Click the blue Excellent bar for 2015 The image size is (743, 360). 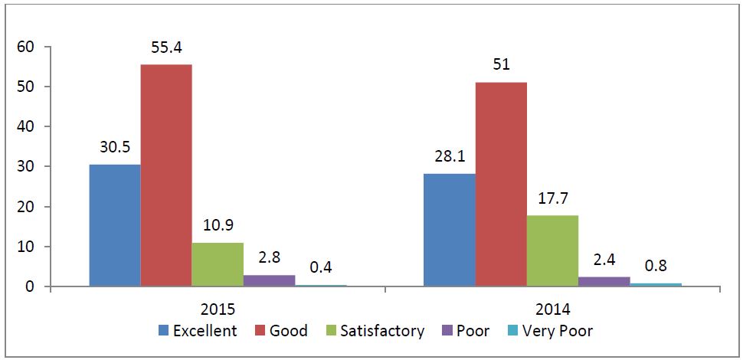[x=115, y=226]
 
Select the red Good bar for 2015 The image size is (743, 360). [x=166, y=175]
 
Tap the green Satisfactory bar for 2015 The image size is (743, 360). [x=218, y=265]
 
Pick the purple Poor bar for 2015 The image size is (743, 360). [x=269, y=280]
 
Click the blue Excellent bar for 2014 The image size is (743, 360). [x=450, y=231]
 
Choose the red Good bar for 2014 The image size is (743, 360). [x=501, y=185]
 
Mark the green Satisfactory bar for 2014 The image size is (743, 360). [x=552, y=251]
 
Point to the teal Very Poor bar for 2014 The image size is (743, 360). [x=656, y=285]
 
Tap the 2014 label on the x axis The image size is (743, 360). [x=553, y=311]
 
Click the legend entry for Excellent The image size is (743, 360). [x=197, y=331]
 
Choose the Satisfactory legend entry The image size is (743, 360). [x=375, y=331]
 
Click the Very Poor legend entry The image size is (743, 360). [x=550, y=331]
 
